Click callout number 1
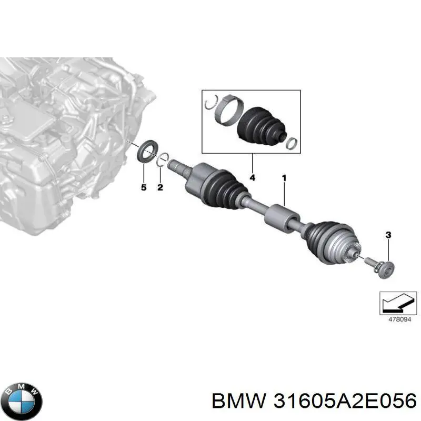click(284, 178)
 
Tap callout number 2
click(160, 187)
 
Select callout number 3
click(388, 235)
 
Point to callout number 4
click(252, 177)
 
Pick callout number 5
click(144, 187)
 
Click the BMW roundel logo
click(24, 401)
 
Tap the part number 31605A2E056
click(345, 402)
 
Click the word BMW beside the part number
click(239, 402)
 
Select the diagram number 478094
click(400, 319)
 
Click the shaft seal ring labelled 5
click(148, 151)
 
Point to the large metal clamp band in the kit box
click(229, 110)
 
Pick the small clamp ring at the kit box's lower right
click(292, 143)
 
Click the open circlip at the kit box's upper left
click(212, 102)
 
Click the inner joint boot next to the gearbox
click(227, 187)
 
